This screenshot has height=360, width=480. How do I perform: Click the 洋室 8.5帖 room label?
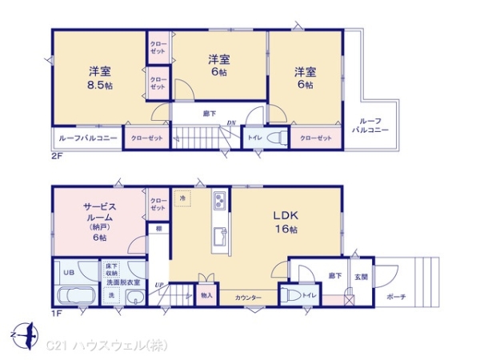(x=98, y=76)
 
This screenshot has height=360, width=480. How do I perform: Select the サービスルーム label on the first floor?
(x=98, y=212)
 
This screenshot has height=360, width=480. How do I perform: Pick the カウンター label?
(x=248, y=298)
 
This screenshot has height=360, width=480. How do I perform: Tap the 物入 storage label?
(x=206, y=295)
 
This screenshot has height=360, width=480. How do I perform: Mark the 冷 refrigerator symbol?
(x=182, y=198)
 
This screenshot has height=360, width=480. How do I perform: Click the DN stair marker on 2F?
(x=230, y=122)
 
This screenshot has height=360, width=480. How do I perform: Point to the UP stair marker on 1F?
(x=161, y=285)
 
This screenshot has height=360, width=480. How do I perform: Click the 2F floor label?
(x=56, y=156)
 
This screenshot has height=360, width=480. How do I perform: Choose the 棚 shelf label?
(x=160, y=230)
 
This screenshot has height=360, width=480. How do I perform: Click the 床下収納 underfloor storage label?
(x=111, y=270)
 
